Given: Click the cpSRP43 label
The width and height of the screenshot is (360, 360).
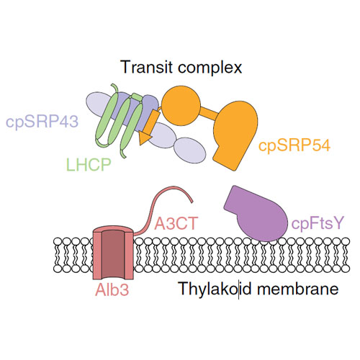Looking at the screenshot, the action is click(42, 122).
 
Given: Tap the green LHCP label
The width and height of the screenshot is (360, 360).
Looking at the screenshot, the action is click(89, 164).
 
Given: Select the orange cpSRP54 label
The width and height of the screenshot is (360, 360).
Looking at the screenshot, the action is click(294, 145).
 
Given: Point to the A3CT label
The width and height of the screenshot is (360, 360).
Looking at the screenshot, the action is click(176, 223).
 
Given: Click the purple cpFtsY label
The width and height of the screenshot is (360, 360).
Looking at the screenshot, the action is click(318, 223).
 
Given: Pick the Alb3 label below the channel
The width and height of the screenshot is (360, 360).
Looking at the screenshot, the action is click(112, 289).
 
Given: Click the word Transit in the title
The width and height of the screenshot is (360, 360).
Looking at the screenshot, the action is click(147, 67).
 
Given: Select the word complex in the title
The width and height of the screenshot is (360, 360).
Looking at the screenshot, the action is click(210, 68).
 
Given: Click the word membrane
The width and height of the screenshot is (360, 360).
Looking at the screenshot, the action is click(297, 288).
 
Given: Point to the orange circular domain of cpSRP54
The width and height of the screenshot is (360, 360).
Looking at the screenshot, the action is click(181, 106).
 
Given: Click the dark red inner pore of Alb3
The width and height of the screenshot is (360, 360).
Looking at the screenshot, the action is click(113, 253).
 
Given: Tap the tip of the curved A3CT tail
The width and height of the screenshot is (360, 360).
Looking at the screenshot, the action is click(192, 202).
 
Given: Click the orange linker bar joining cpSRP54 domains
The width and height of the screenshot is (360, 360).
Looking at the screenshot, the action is click(208, 112).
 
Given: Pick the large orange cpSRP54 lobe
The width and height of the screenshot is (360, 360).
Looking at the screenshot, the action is click(235, 135).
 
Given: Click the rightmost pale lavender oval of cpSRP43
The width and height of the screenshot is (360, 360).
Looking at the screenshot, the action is click(190, 150).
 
